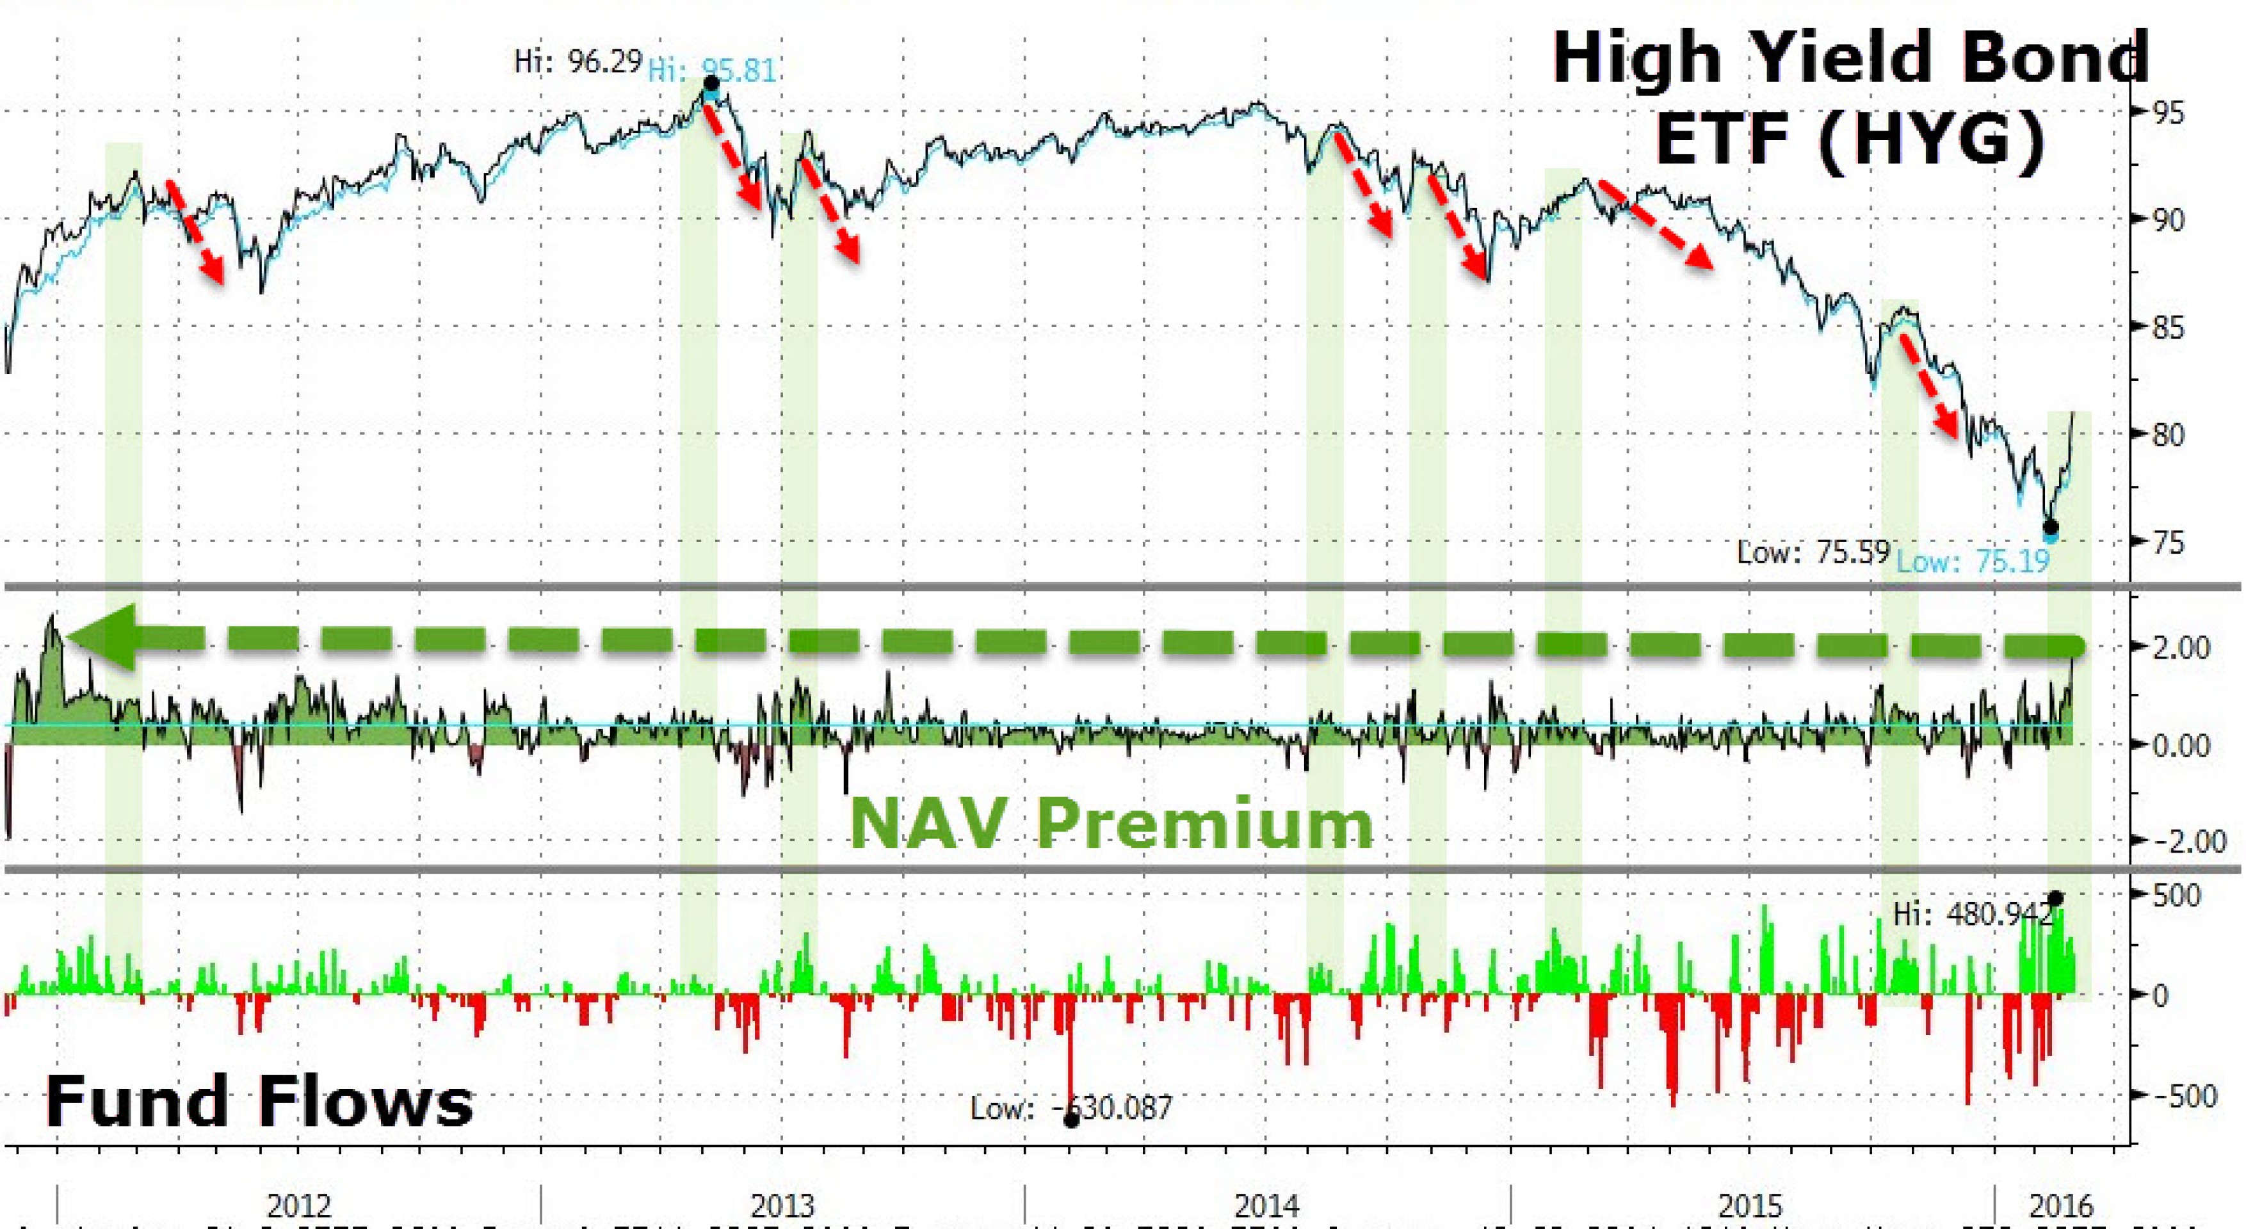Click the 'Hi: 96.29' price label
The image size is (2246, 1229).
578,62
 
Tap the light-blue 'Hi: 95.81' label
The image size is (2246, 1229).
713,70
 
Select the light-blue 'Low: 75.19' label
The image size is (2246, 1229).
1973,561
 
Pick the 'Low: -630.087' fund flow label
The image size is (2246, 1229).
1072,1108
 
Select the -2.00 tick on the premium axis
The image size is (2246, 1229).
2177,841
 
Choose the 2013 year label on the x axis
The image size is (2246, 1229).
782,1207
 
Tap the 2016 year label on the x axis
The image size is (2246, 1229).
2061,1207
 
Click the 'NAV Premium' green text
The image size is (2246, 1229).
1111,824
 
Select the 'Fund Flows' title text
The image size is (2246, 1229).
259,1102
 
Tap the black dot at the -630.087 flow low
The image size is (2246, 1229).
1072,1120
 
